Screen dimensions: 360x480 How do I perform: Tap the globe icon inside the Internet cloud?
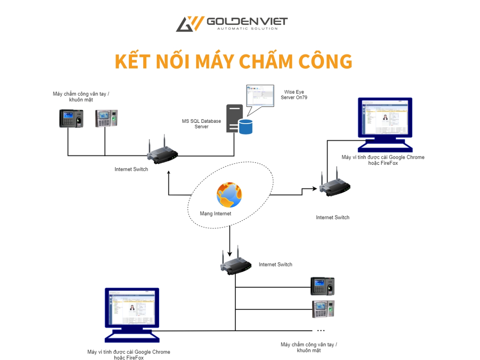click(x=229, y=195)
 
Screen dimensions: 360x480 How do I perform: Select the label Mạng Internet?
click(x=216, y=214)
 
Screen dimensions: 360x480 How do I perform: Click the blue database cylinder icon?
click(x=246, y=126)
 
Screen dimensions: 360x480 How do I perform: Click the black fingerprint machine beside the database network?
click(x=71, y=118)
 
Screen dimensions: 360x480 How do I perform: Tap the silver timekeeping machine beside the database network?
click(x=106, y=118)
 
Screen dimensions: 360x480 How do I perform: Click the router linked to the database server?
click(x=162, y=154)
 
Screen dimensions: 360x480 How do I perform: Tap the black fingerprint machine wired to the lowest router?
click(x=322, y=286)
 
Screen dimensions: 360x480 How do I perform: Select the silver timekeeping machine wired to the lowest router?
click(x=323, y=309)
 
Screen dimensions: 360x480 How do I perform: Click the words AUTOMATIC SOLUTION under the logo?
click(x=247, y=29)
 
